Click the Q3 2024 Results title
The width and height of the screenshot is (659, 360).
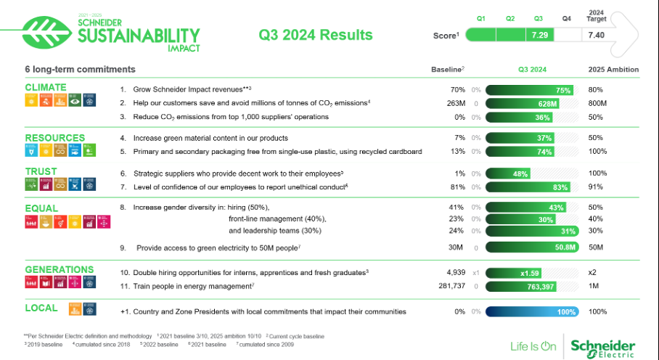pyautogui.click(x=316, y=35)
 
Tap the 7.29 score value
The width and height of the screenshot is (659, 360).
pyautogui.click(x=539, y=35)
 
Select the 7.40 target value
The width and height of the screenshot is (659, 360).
pyautogui.click(x=597, y=35)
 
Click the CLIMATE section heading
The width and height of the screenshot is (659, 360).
pyautogui.click(x=46, y=88)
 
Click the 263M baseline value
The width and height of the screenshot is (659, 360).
pyautogui.click(x=455, y=104)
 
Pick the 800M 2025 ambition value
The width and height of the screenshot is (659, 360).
pyautogui.click(x=599, y=104)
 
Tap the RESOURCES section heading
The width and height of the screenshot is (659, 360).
pyautogui.click(x=54, y=138)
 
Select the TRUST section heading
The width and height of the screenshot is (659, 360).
pyautogui.click(x=41, y=172)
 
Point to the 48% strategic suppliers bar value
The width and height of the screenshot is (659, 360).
pyautogui.click(x=520, y=173)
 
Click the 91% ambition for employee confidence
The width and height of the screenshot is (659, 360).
pyautogui.click(x=596, y=187)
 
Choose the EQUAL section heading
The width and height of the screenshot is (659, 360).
pyautogui.click(x=41, y=208)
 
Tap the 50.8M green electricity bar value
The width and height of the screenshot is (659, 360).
pyautogui.click(x=565, y=247)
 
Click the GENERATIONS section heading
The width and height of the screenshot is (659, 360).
pyautogui.click(x=60, y=269)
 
